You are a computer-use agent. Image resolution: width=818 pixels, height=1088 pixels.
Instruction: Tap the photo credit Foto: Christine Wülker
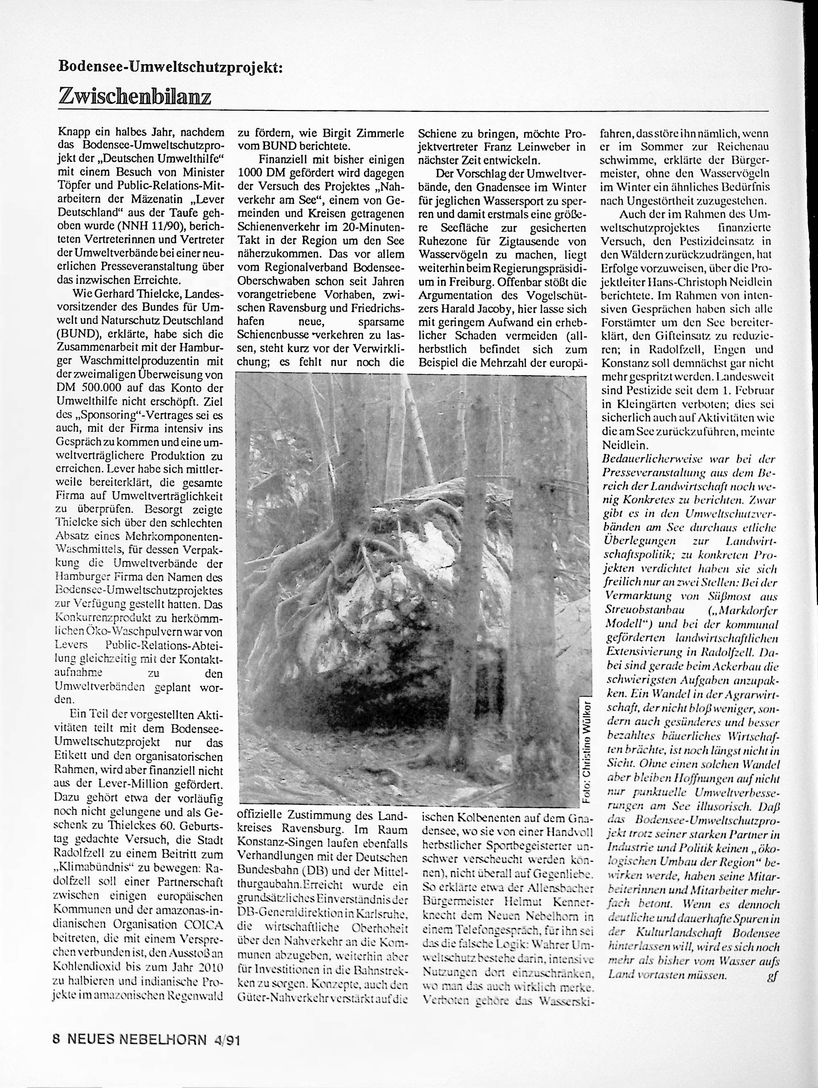[585, 750]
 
